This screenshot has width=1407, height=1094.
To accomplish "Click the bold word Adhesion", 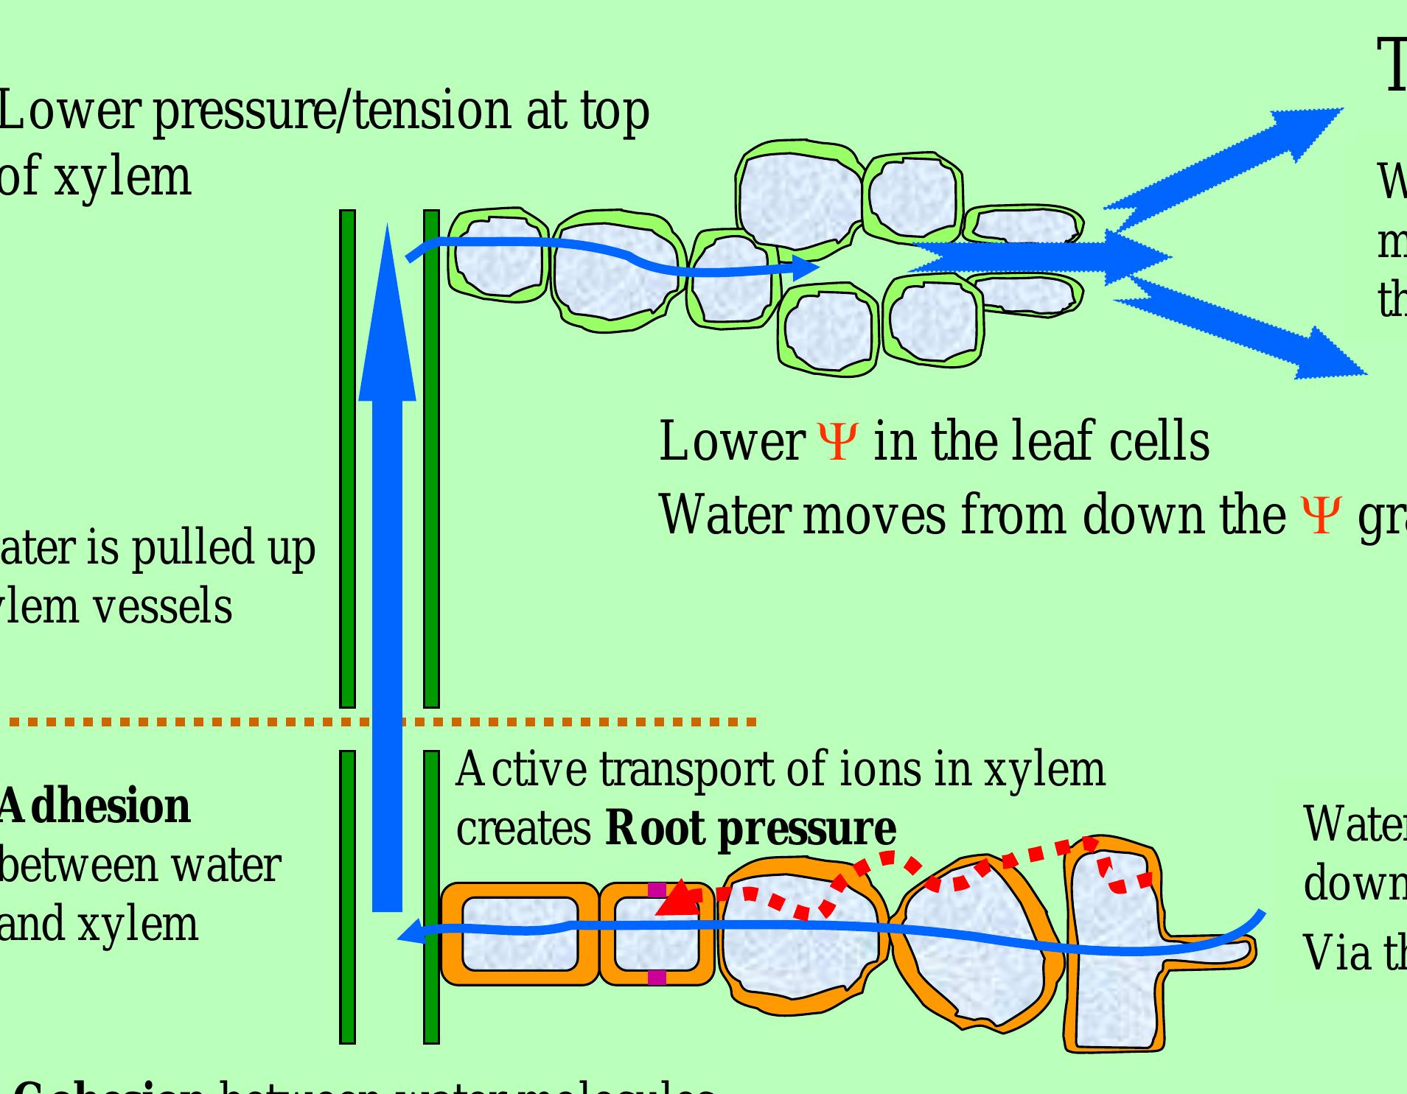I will (94, 806).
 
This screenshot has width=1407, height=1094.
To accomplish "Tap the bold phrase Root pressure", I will (750, 828).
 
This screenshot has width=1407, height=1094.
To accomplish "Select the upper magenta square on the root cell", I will (657, 890).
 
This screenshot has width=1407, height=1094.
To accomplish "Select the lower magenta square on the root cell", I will (657, 978).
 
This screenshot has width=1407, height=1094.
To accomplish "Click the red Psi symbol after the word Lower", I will (837, 441).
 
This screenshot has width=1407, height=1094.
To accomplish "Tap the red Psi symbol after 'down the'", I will (1320, 516).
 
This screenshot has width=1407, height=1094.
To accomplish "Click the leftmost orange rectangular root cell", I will (520, 934).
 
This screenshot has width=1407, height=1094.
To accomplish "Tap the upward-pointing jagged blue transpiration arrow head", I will (1312, 125).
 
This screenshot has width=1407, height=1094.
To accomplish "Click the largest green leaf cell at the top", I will (799, 195).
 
